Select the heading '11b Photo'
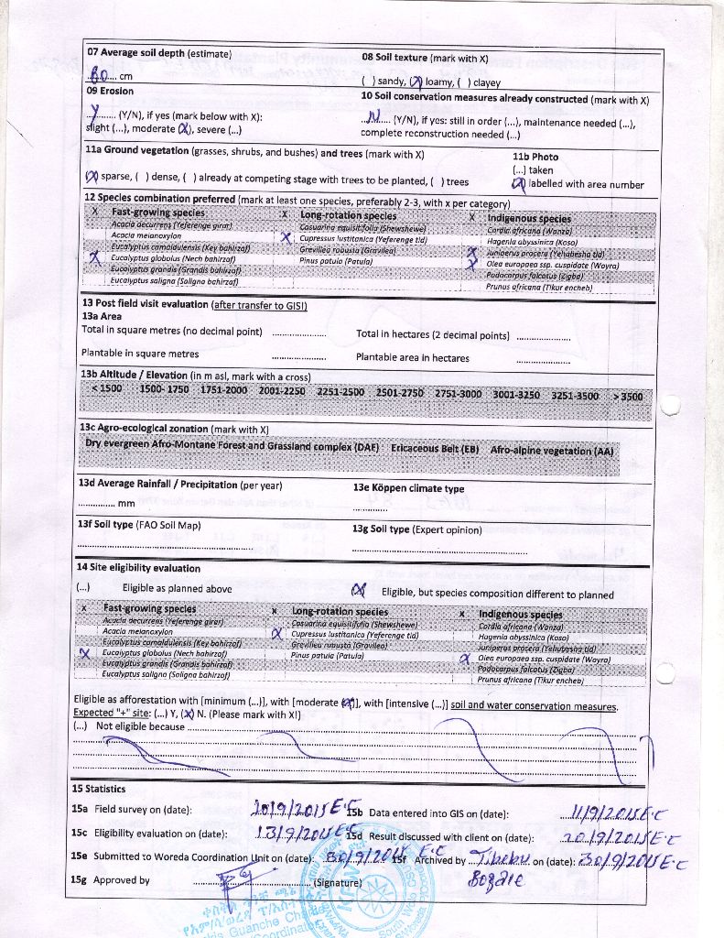coord(535,157)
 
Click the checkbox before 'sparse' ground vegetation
coord(92,177)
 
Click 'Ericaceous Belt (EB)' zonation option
coord(435,450)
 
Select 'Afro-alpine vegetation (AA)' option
coord(553,452)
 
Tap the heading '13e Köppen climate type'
coord(408,488)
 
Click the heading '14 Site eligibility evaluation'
coord(138,568)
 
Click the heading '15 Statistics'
coord(99,789)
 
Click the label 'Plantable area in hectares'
coord(413,358)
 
